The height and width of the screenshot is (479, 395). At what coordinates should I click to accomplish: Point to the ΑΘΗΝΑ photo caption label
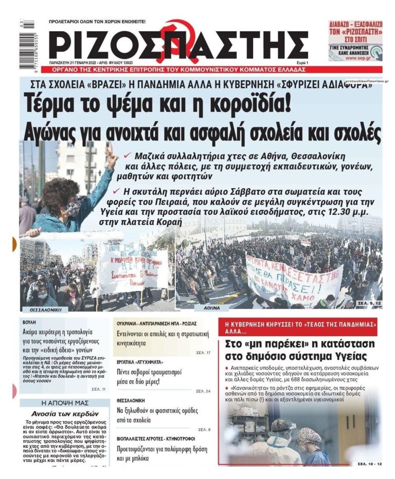pos(211,308)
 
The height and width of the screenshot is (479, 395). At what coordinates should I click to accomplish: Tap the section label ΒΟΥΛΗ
pos(30,321)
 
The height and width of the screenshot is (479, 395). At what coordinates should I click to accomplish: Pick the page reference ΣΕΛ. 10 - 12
pos(369,464)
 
